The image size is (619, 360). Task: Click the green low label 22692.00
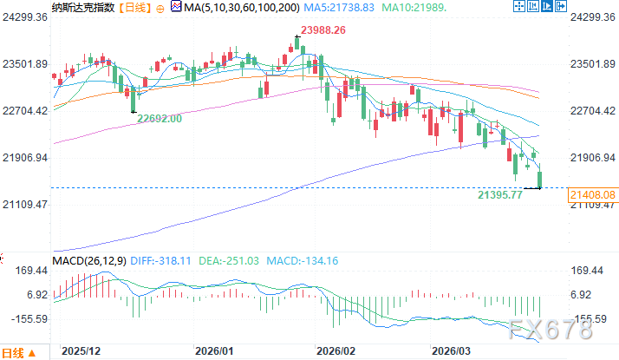160,119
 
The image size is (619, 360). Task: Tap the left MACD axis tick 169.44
29,270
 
